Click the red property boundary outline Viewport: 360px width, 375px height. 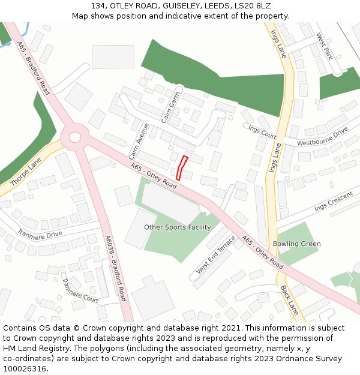[x=182, y=168]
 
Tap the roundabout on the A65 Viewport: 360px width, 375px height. [x=75, y=137]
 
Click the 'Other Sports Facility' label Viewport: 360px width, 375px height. [x=178, y=227]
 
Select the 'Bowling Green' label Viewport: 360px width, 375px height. [x=296, y=244]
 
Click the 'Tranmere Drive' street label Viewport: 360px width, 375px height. [x=40, y=234]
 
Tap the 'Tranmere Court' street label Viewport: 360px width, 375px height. [x=80, y=290]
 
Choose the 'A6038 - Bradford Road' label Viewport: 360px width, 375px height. [x=116, y=268]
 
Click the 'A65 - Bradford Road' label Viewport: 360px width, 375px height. [x=34, y=68]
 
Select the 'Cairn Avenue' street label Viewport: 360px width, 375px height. [x=139, y=142]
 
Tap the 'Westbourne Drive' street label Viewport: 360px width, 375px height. [x=322, y=136]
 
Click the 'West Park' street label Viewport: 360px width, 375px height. [x=324, y=46]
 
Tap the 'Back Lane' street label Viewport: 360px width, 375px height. [x=289, y=299]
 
